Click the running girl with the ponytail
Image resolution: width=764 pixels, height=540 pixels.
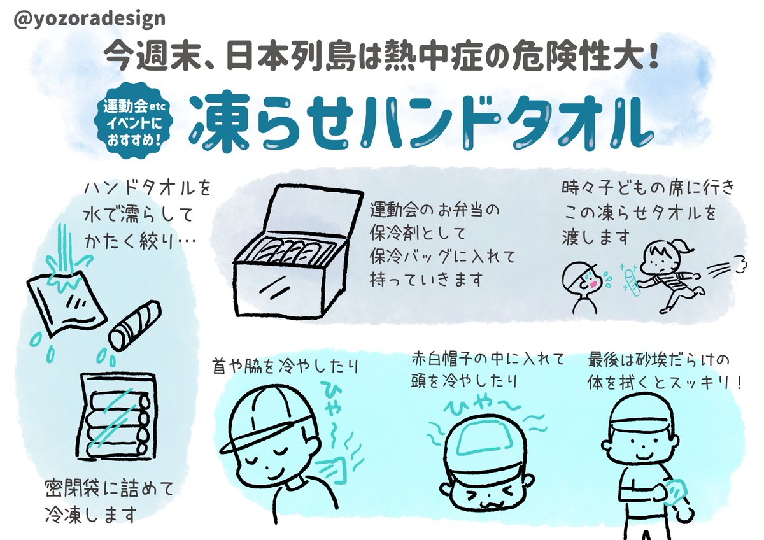click(x=668, y=274)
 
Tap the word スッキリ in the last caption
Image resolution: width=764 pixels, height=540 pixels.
click(x=707, y=385)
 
